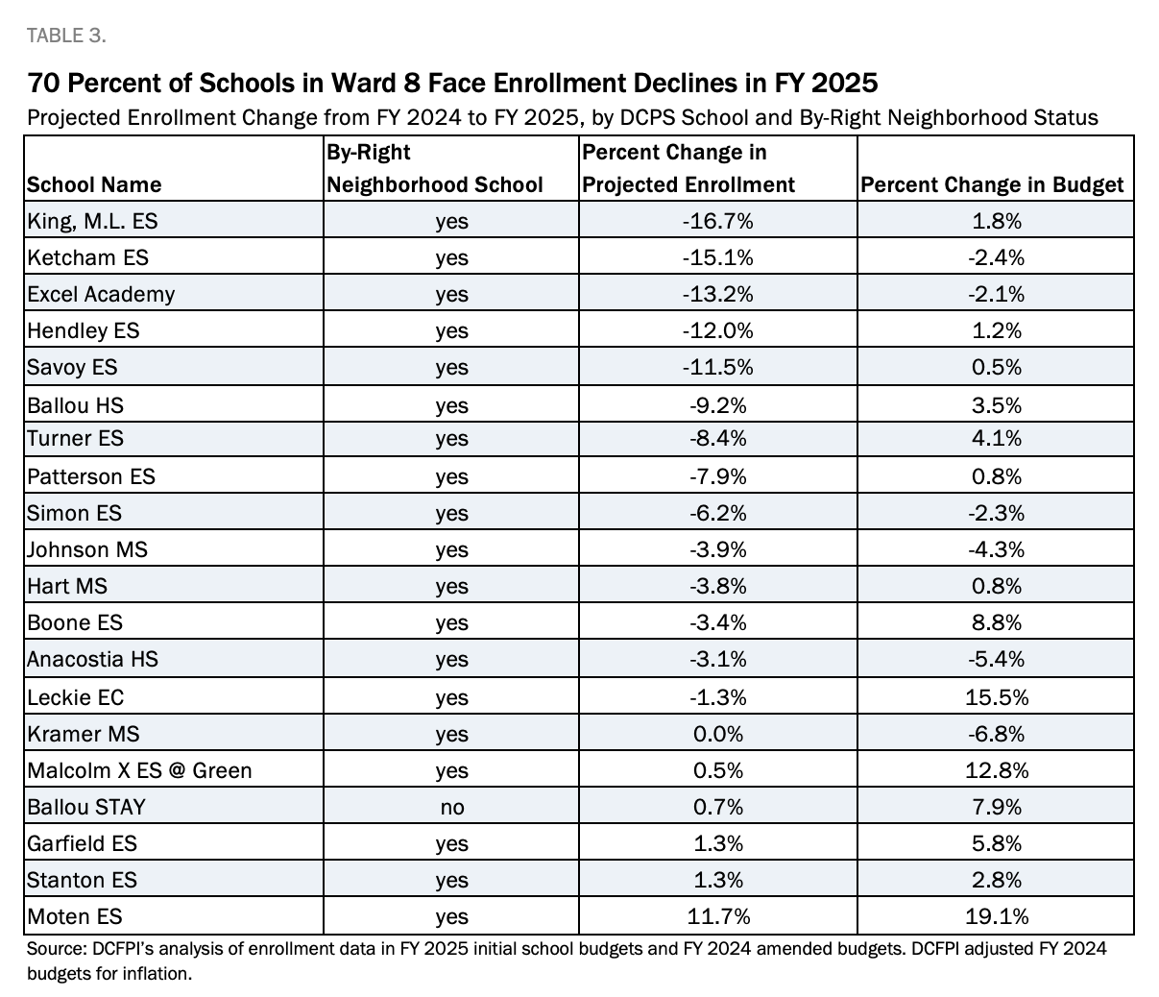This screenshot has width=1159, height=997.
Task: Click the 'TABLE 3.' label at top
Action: [66, 36]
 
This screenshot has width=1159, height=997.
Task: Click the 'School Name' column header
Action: [94, 184]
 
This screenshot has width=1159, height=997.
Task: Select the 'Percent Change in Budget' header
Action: [992, 184]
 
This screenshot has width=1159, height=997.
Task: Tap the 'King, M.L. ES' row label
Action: [92, 221]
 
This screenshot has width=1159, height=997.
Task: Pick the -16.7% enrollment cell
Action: [717, 221]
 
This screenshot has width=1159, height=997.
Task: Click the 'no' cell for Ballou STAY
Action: [451, 807]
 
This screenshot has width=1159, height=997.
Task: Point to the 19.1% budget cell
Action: [995, 916]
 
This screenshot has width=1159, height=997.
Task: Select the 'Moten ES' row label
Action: [75, 916]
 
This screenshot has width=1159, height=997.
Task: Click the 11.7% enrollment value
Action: [717, 916]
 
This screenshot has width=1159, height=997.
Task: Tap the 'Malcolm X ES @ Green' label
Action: [139, 770]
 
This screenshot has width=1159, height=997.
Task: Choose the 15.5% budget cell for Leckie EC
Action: [995, 697]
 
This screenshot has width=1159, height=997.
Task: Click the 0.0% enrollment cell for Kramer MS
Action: [717, 734]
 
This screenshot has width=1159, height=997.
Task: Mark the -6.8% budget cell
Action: [995, 734]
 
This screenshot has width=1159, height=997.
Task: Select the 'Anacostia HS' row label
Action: [92, 659]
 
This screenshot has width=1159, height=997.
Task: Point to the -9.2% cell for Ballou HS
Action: [717, 405]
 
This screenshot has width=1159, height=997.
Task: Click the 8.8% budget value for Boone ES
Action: [995, 622]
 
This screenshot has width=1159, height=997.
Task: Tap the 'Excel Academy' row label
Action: [101, 294]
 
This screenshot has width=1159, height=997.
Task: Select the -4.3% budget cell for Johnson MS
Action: [995, 549]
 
